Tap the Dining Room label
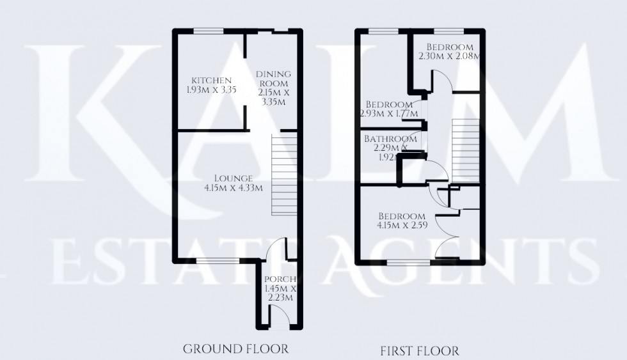pos(273,79)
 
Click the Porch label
pos(278,279)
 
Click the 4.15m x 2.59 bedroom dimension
pos(401,225)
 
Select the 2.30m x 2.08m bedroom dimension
pos(449,56)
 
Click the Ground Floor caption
pos(235,349)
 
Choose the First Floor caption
pos(419,350)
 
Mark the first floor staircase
pos(466,150)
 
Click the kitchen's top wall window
pos(209,31)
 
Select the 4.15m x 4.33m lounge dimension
pos(230,187)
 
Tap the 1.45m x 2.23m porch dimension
pos(278,293)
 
